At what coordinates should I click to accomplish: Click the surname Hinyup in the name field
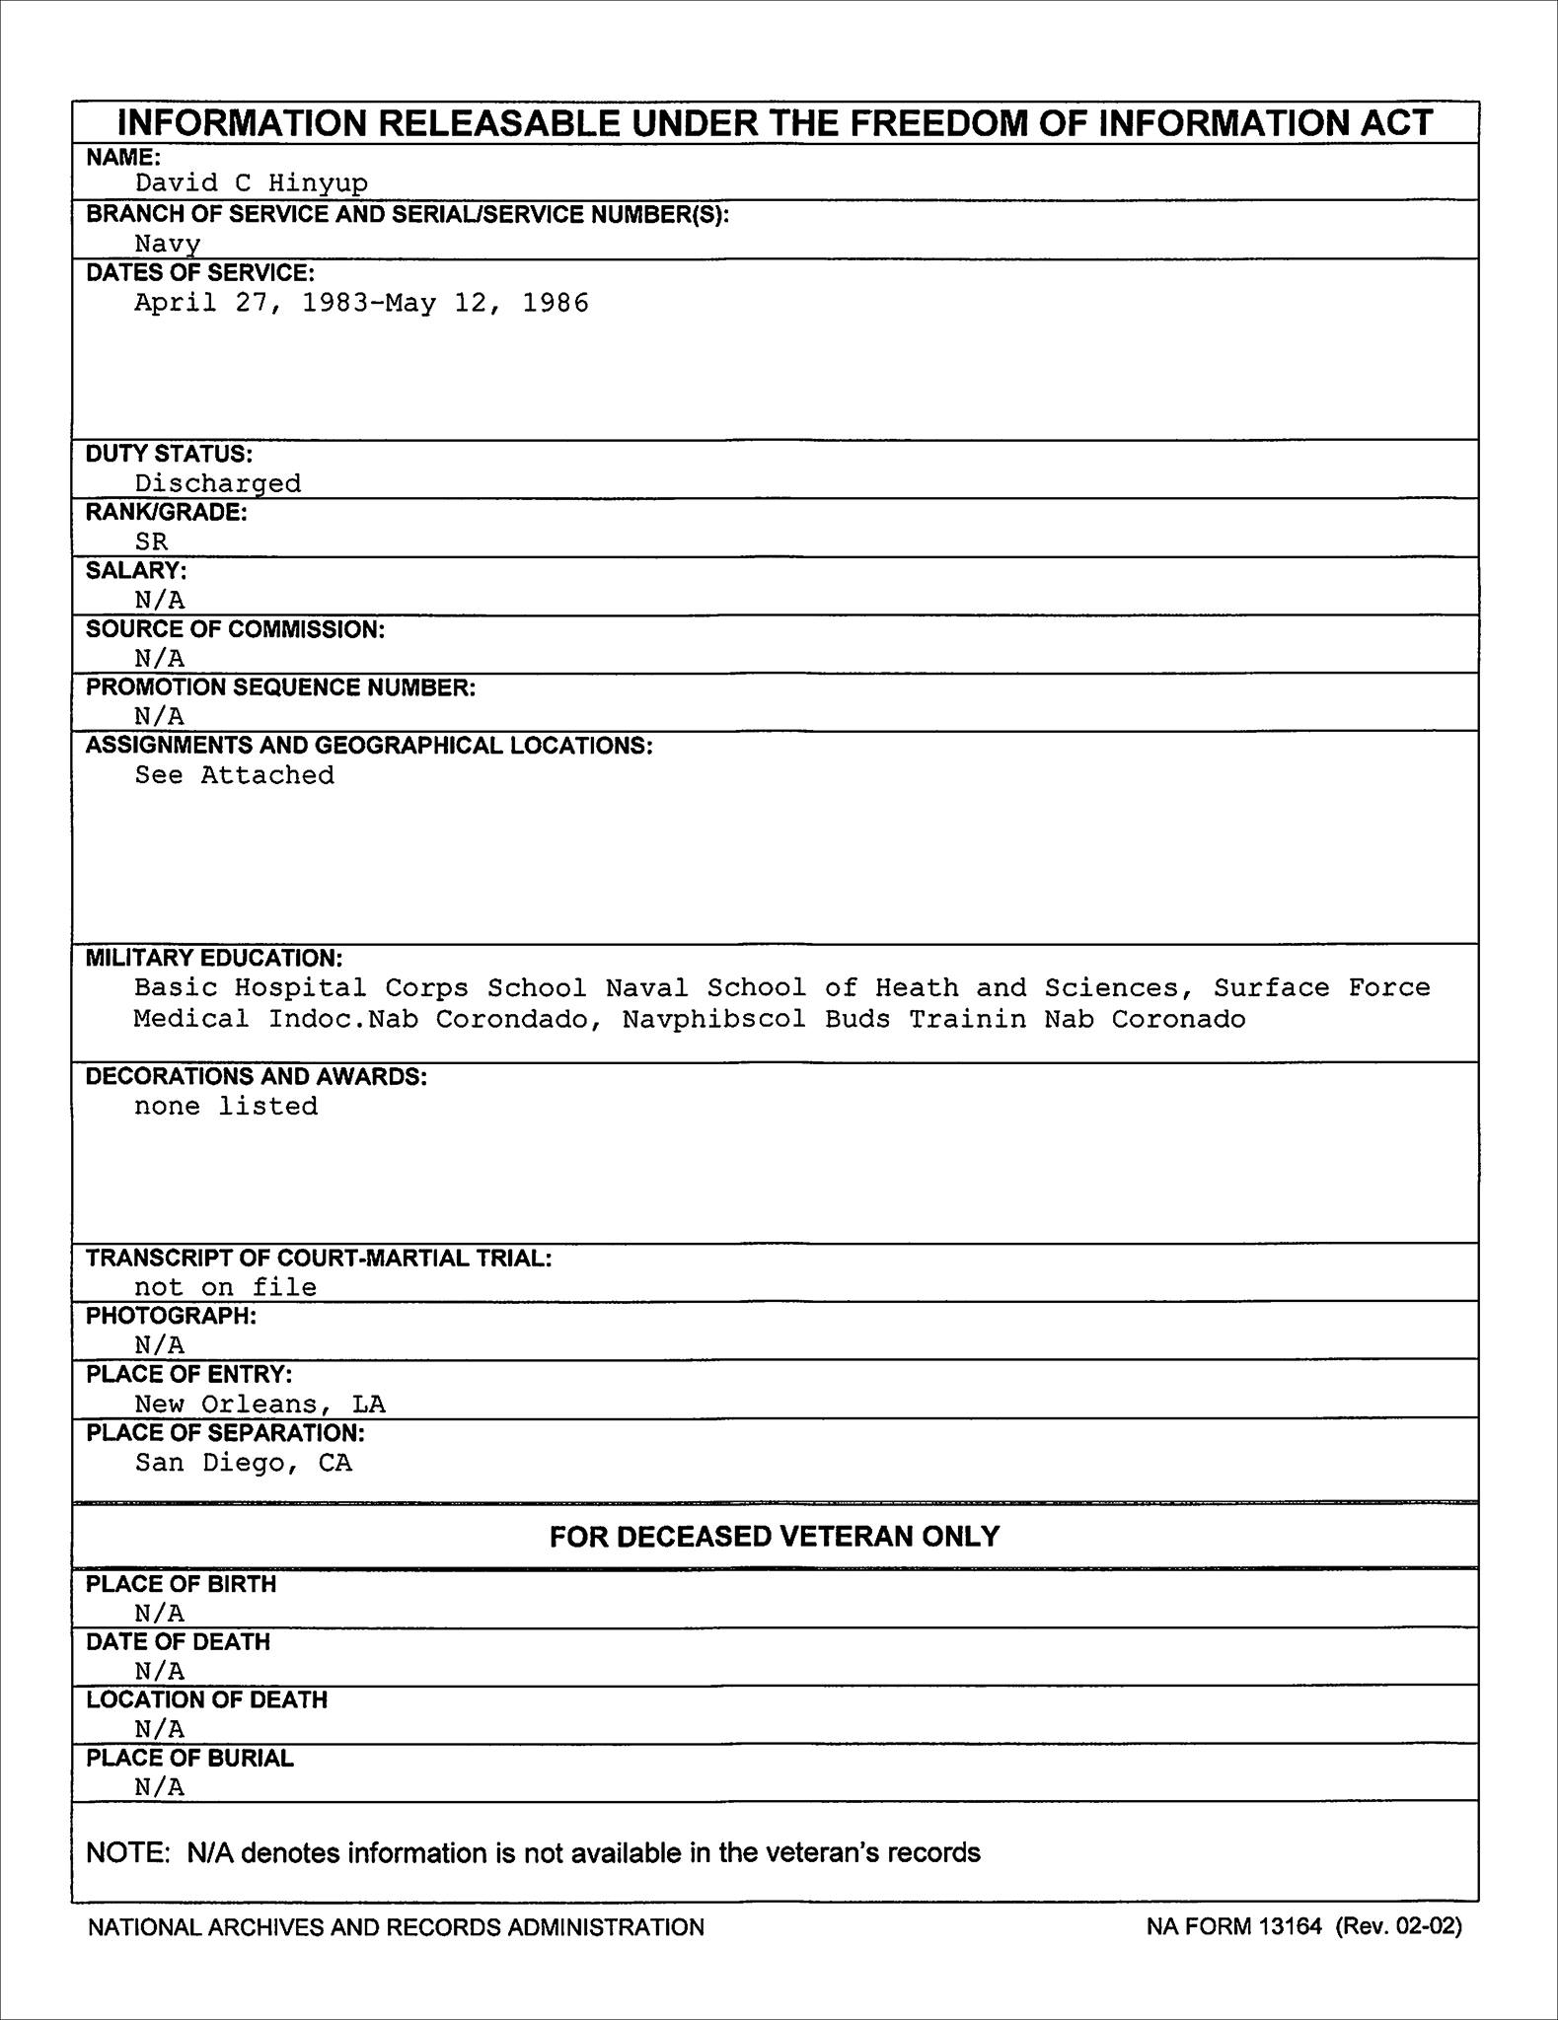point(318,183)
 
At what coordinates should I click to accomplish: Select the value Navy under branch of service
point(168,244)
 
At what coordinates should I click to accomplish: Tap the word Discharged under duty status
point(218,483)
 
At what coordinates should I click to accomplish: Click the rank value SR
point(152,541)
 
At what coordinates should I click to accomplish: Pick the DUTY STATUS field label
point(169,454)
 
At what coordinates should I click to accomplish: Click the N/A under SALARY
point(160,600)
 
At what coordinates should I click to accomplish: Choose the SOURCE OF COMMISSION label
point(235,629)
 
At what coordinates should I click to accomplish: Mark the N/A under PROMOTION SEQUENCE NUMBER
point(160,716)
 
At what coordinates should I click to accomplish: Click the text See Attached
point(235,775)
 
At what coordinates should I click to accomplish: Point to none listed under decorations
point(226,1107)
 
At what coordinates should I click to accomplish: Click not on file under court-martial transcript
point(226,1287)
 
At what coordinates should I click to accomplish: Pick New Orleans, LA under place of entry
point(260,1405)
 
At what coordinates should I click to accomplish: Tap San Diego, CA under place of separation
point(244,1463)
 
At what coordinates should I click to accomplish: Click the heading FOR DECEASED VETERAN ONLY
point(775,1537)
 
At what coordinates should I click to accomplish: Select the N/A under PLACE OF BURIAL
point(160,1787)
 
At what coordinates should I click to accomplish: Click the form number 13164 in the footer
point(1291,1926)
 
